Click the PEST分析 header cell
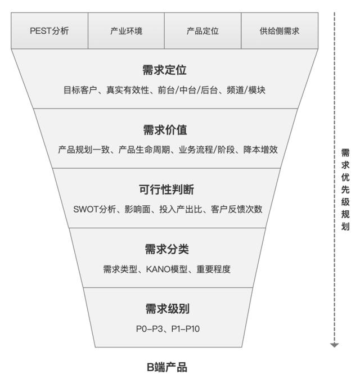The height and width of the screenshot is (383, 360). pos(49,31)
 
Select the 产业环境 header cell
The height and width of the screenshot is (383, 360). pos(126,31)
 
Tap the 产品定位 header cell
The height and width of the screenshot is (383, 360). pos(202,31)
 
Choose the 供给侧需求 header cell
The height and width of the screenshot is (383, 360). pos(280,31)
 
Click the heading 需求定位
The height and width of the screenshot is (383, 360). pos(165,70)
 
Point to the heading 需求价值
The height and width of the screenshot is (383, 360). pos(165,130)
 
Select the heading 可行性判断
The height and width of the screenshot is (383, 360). pos(166,190)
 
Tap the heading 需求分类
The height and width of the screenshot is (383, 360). pos(166,249)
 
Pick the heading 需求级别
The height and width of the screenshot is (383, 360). pos(167,309)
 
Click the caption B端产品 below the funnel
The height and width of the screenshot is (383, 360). pos(167,368)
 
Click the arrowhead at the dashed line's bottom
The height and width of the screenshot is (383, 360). pos(335,345)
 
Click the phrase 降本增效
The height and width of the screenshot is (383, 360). pos(260,150)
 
